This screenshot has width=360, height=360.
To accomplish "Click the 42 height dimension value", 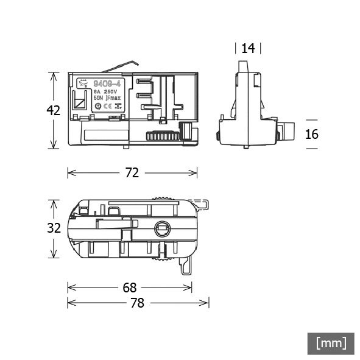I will click(54, 110).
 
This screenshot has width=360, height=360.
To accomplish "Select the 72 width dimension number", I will click(132, 173).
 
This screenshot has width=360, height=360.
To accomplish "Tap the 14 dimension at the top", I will click(248, 49).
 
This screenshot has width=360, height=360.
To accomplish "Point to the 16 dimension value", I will click(312, 134).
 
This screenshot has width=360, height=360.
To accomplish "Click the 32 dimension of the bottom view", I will click(54, 228).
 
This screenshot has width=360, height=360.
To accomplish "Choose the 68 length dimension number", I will click(130, 287).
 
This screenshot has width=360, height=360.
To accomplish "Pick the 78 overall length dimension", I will click(138, 303).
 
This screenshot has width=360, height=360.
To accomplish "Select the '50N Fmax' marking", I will click(107, 97).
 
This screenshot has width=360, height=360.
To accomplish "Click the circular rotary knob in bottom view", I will click(162, 229).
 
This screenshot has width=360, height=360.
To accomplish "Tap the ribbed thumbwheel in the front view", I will click(163, 136).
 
